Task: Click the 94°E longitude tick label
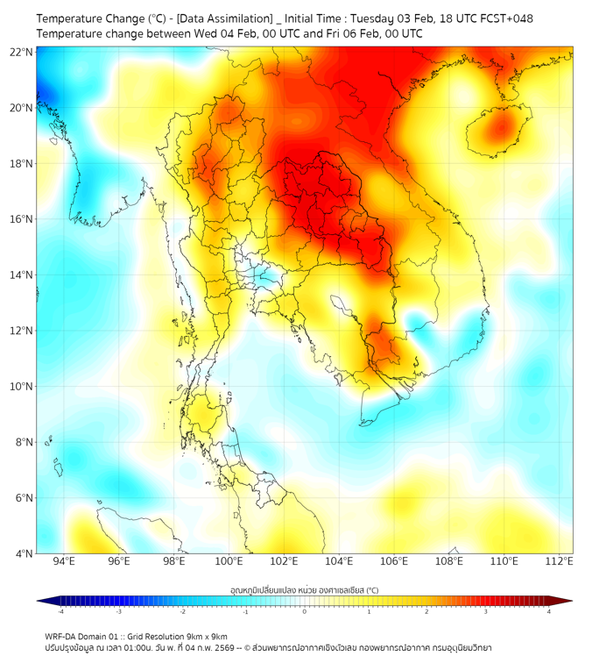coord(64,561)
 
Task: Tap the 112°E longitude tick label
coord(560,561)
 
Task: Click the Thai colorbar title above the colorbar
coord(304,590)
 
